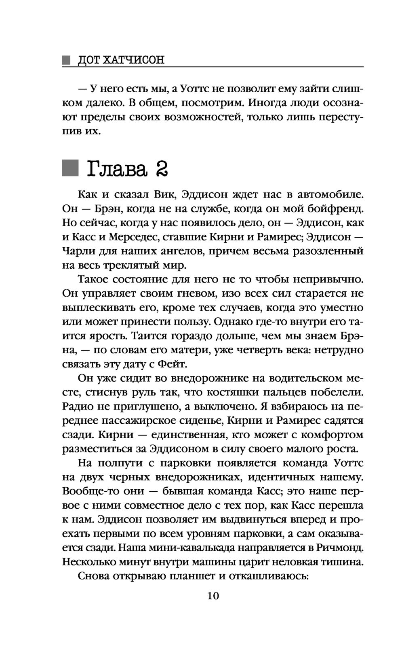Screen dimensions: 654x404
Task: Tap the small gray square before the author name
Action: (x=66, y=60)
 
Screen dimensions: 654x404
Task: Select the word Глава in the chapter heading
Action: (x=116, y=169)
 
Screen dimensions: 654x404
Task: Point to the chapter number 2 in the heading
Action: (x=160, y=169)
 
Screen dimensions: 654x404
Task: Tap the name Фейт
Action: (x=170, y=363)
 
